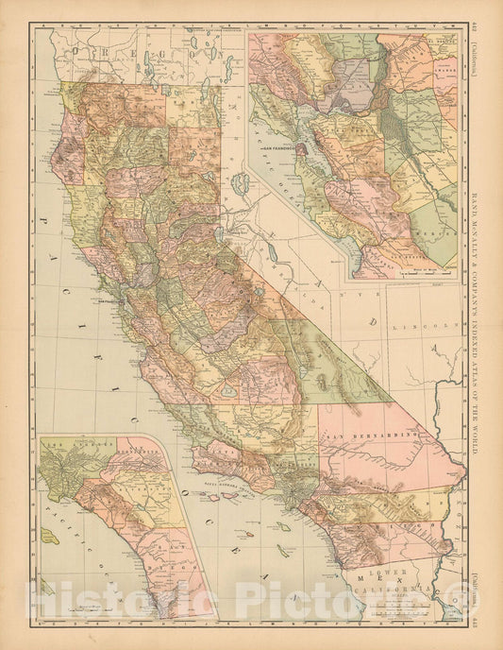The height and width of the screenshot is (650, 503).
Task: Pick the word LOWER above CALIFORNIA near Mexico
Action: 374,573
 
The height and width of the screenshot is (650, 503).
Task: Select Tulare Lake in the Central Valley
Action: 228,389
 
